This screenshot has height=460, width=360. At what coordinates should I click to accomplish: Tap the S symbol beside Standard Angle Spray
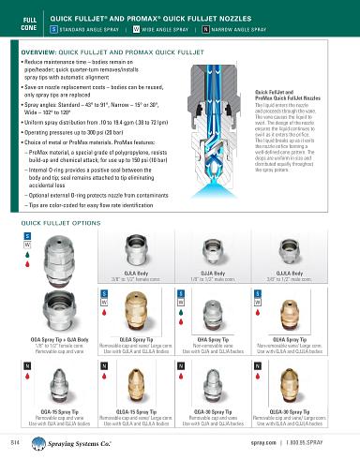[55, 30]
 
